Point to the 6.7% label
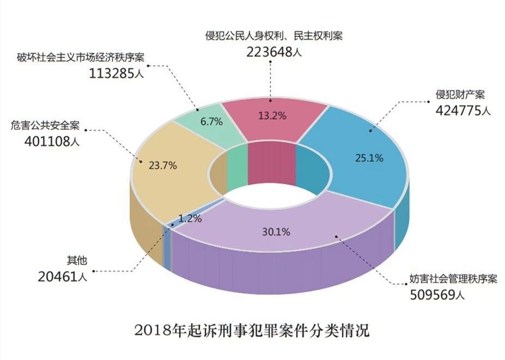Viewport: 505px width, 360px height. tap(211, 122)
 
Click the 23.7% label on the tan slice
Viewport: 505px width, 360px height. tap(162, 166)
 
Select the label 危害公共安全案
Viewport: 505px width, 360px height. tap(45, 126)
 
